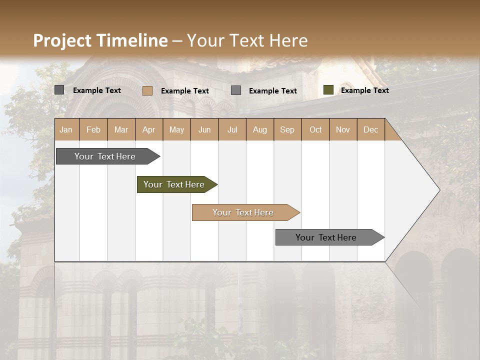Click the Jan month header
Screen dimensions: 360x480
click(x=66, y=129)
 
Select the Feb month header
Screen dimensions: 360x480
click(x=93, y=129)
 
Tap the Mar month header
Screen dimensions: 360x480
click(x=121, y=129)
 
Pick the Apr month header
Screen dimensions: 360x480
click(x=149, y=129)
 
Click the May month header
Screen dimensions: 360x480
click(x=176, y=129)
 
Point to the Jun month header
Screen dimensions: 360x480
click(x=204, y=129)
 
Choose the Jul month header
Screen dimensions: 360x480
click(x=232, y=129)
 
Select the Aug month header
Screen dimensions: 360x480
click(x=260, y=129)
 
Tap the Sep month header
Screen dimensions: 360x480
click(x=287, y=129)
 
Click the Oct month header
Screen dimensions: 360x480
click(x=315, y=129)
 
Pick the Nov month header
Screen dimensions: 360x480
click(x=343, y=129)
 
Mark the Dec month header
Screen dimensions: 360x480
click(x=371, y=129)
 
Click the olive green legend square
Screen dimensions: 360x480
click(x=328, y=90)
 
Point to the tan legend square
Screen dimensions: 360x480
click(x=147, y=90)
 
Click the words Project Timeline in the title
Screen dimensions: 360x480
click(x=100, y=40)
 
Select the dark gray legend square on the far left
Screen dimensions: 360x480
click(x=59, y=90)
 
